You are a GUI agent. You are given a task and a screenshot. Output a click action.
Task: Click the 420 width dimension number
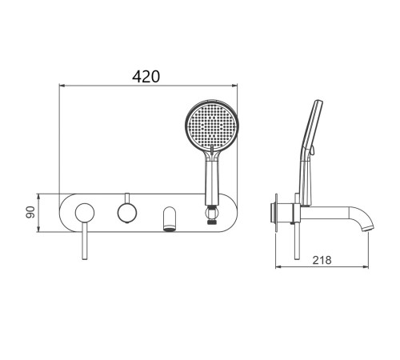tap(146, 77)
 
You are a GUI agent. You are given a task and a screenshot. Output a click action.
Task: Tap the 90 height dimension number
tap(30, 212)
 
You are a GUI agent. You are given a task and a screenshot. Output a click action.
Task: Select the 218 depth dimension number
tap(322, 260)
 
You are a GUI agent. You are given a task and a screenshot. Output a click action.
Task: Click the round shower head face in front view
tap(212, 126)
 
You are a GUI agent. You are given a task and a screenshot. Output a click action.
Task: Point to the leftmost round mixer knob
tap(85, 213)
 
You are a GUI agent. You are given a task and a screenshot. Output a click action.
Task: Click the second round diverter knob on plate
tap(127, 213)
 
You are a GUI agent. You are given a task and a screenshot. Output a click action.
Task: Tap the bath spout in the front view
tap(170, 218)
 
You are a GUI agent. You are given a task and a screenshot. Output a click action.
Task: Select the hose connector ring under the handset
tap(212, 214)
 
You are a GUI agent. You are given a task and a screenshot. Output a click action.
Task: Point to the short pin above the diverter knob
tap(127, 198)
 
